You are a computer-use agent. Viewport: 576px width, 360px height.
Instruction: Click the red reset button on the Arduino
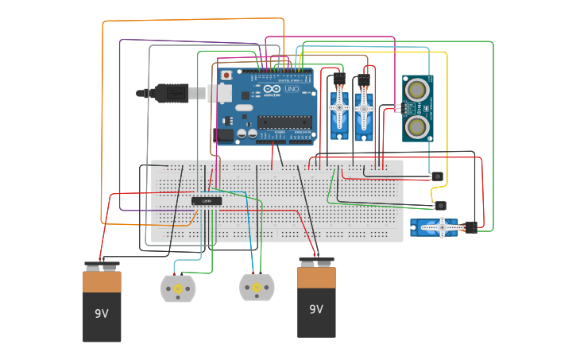coord(226,75)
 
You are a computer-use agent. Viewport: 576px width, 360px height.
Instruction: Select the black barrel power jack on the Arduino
coord(223,135)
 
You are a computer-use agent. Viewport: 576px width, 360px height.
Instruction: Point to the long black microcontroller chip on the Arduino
coord(284,122)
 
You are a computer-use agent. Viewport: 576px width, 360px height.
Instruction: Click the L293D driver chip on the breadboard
coord(207,201)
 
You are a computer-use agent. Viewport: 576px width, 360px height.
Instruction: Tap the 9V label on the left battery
coord(102,314)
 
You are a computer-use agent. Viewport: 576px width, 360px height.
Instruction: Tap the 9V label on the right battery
coord(316,309)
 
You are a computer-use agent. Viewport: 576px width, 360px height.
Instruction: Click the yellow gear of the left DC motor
coord(178,288)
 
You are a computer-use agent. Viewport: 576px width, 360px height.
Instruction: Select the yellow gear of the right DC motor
coord(257,287)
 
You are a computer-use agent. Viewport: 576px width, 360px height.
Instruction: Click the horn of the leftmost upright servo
coord(340,107)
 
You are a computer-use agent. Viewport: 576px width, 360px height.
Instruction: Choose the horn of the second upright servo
coord(364,107)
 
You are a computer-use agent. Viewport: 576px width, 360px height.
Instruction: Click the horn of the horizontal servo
coord(441,228)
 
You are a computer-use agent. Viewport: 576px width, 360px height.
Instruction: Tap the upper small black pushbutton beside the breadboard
coord(437,176)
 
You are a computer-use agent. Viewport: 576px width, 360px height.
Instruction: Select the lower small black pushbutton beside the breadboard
coord(441,205)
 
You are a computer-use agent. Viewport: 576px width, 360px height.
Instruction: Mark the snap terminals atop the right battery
coord(316,260)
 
